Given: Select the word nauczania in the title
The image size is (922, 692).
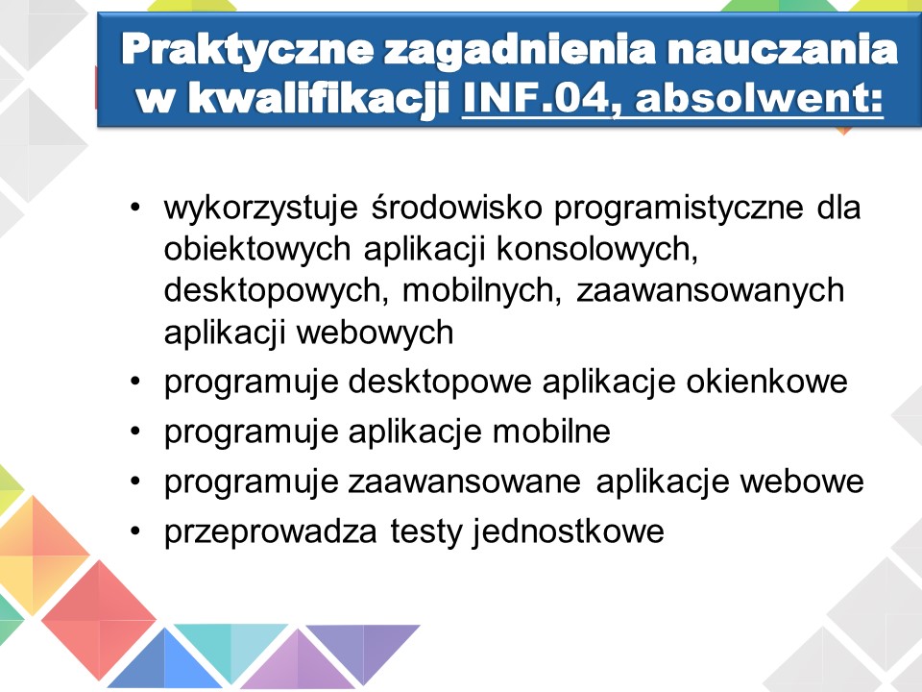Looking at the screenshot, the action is click(x=783, y=49).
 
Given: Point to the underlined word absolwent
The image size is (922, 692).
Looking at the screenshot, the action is click(x=754, y=97).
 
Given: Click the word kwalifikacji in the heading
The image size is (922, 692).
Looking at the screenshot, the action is click(x=318, y=99).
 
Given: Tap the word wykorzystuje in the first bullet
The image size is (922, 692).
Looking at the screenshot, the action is click(x=261, y=209).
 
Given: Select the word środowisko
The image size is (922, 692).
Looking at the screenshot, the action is click(x=456, y=208).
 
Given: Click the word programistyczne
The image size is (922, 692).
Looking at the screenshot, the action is click(x=679, y=209).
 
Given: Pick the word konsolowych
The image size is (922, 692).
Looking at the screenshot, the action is click(x=596, y=249).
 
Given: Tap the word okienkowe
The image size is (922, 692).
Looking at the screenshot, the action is click(x=766, y=382).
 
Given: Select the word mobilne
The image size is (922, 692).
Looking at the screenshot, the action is click(x=551, y=432).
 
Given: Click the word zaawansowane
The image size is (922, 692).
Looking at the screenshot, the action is click(x=465, y=482).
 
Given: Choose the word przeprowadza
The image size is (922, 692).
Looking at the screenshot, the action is click(x=271, y=531).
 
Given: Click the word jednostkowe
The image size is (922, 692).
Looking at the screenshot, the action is click(x=568, y=531).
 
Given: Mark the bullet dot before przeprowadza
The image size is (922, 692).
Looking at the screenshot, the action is click(x=135, y=531).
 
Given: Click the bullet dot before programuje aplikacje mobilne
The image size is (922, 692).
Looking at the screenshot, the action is click(x=135, y=432).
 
